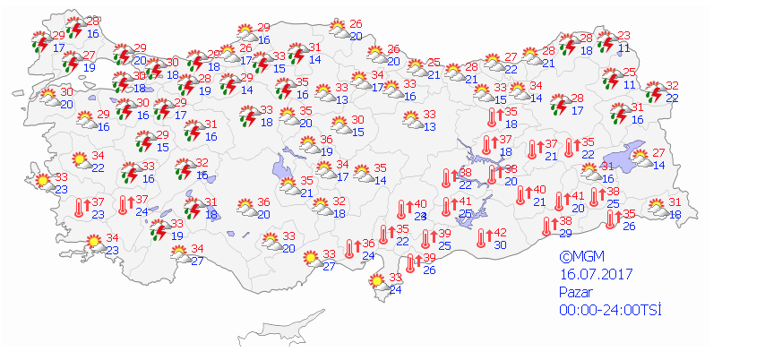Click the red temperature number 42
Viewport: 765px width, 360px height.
[x=501, y=233]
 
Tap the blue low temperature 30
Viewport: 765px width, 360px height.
[x=501, y=244]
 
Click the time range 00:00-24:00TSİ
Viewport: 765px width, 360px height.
[x=603, y=309]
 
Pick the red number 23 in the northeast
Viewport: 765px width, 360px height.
[x=623, y=35]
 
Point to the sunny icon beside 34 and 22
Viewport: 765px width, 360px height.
[x=79, y=162]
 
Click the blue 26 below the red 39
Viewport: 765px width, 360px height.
[x=429, y=270]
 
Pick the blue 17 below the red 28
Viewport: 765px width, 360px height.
[x=579, y=111]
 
